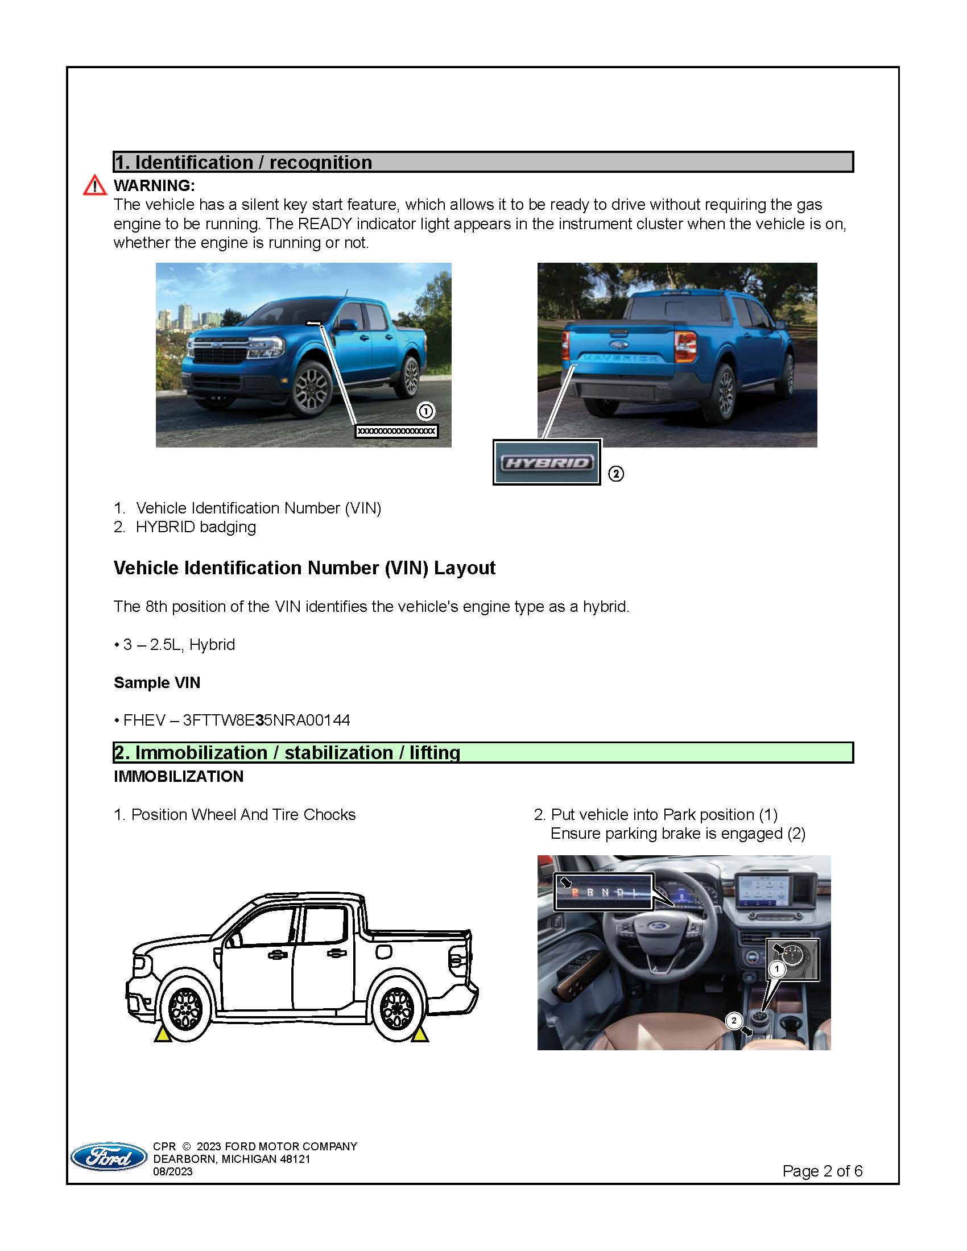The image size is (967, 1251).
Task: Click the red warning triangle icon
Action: (x=94, y=185)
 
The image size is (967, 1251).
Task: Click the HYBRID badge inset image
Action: (x=547, y=462)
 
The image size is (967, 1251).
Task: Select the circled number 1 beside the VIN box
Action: (x=425, y=411)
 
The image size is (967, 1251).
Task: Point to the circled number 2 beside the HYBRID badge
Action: (x=616, y=474)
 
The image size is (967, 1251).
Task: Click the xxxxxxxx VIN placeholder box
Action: (x=396, y=431)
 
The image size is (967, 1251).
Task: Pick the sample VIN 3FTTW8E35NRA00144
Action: (x=266, y=720)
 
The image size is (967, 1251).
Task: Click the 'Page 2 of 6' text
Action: (x=822, y=1171)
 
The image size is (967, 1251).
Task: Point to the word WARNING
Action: (x=154, y=185)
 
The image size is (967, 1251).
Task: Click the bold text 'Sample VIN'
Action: (x=157, y=682)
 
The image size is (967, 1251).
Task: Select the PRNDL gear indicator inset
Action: (x=603, y=892)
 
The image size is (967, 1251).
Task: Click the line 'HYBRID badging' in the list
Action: (x=195, y=527)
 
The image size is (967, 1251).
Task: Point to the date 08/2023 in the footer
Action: (x=172, y=1171)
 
